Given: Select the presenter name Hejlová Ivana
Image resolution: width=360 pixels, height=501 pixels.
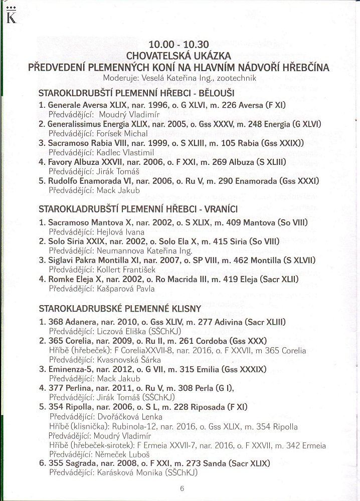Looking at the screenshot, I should (119, 232).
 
